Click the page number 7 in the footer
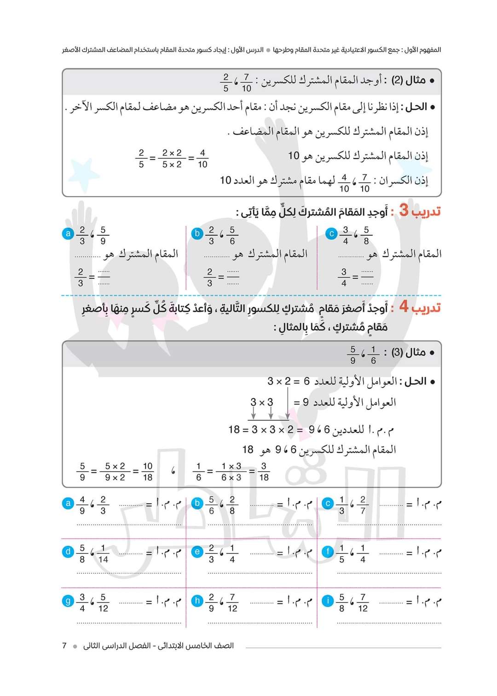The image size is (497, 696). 64,646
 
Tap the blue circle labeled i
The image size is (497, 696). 328,601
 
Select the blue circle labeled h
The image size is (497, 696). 197,601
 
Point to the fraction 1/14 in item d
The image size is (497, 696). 103,553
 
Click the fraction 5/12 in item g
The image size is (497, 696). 103,603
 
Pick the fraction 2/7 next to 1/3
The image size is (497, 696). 363,505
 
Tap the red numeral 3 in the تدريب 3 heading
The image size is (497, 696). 404,210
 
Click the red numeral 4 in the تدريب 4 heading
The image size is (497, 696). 404,306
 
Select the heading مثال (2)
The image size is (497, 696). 408,80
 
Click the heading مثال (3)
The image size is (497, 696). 408,352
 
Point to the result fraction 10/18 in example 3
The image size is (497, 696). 148,472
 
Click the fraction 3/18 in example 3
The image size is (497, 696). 264,472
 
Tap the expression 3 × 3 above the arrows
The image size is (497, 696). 261,402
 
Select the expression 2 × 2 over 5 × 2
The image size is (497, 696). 172,158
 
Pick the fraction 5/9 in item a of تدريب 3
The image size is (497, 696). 103,235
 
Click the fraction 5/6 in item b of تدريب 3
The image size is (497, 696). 232,235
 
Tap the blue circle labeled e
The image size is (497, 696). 197,551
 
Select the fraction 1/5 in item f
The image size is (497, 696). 341,553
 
